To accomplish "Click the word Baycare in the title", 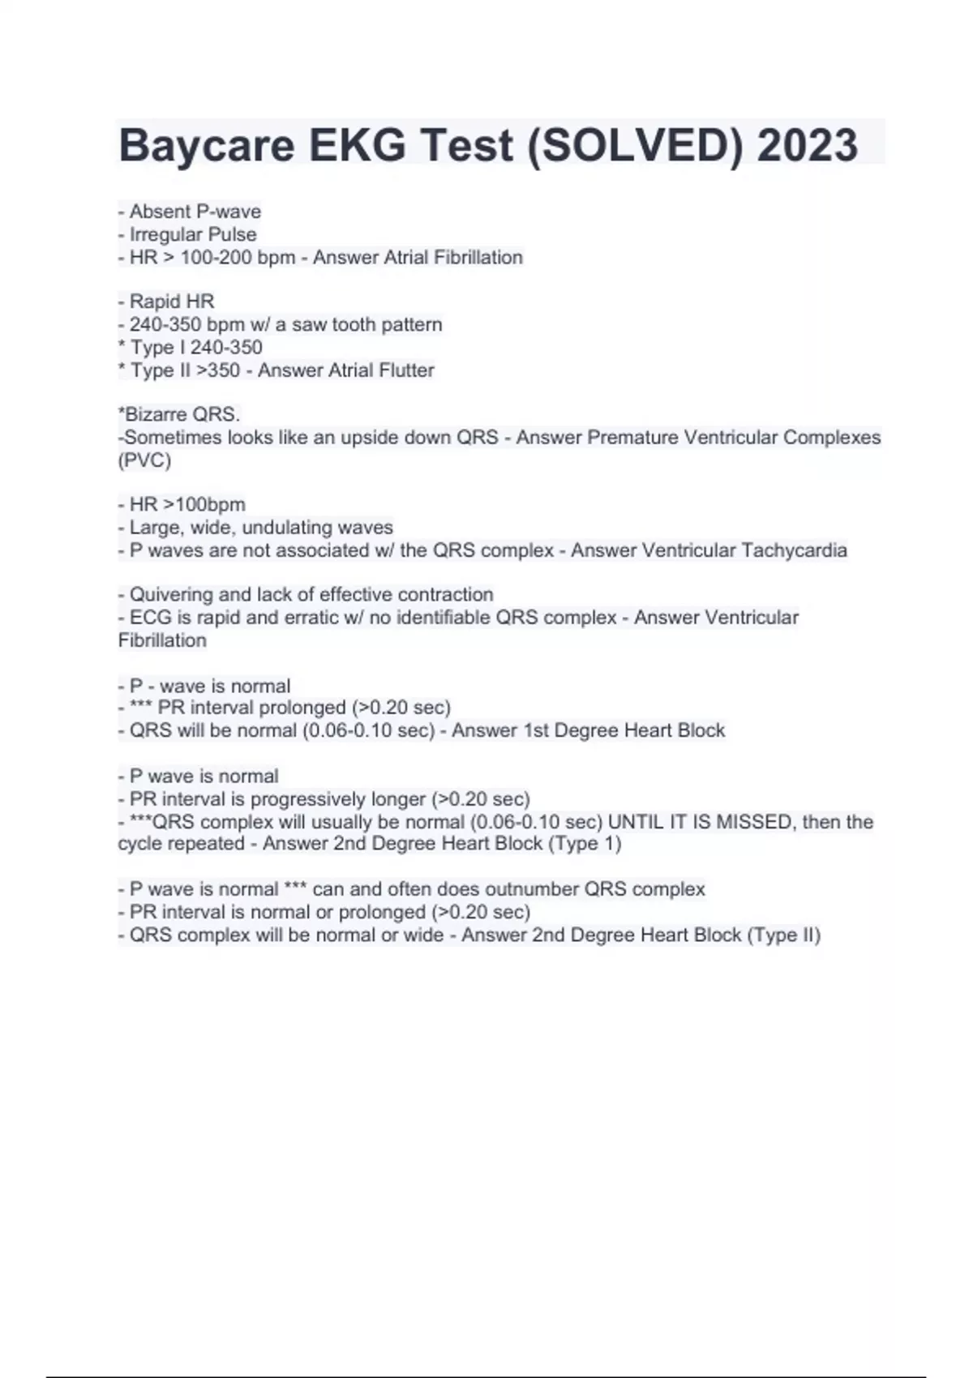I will click(x=206, y=146).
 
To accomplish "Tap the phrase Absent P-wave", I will click(x=195, y=212).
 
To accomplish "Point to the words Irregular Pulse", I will click(x=193, y=234).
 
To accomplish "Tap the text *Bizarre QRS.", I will click(x=179, y=415).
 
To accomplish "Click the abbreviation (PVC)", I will click(x=144, y=460).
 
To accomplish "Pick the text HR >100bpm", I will click(x=187, y=504).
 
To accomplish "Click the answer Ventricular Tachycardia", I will click(x=744, y=550).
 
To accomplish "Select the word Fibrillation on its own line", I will click(x=162, y=640).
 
